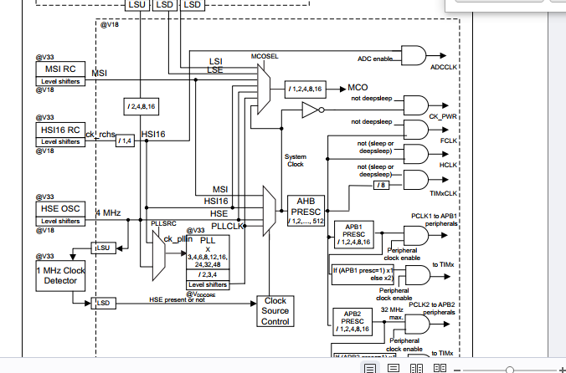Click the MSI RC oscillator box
pyautogui.click(x=59, y=69)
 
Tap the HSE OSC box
pyautogui.click(x=59, y=207)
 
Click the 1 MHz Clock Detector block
pyautogui.click(x=60, y=275)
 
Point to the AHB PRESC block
pyautogui.click(x=306, y=206)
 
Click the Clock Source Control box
pyautogui.click(x=275, y=310)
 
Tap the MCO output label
pyautogui.click(x=358, y=87)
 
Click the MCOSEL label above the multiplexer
pyautogui.click(x=264, y=56)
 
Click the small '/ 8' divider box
pyautogui.click(x=381, y=185)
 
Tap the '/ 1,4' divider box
pyautogui.click(x=126, y=140)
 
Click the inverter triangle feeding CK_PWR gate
pyautogui.click(x=310, y=110)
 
